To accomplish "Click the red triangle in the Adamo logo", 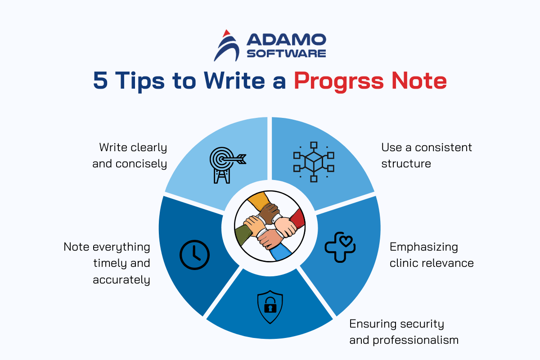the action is coord(226,33).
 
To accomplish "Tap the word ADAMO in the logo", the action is coord(286,40).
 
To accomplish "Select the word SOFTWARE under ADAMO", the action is coord(286,53).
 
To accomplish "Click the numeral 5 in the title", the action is coord(100,80).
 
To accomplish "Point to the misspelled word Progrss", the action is coord(339,82).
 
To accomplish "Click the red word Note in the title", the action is coord(419,80).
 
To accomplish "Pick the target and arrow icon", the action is coord(228,165).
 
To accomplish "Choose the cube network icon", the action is coord(314,162).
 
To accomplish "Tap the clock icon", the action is coord(194,255).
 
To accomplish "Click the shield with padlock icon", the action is coord(270,307).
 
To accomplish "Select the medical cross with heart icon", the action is coord(340,247).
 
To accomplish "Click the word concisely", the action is coord(141,164).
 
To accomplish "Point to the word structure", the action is coord(406,164).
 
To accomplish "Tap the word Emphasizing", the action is coord(424,247).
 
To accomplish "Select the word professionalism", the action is coord(416,340).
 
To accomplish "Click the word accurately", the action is coord(121,280).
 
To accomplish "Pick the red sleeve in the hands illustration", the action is coord(298,219).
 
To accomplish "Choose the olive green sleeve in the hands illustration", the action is coord(243,236).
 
